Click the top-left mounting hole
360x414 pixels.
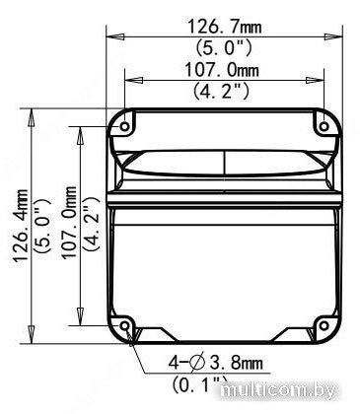tap(125, 126)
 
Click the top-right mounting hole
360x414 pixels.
tap(324, 126)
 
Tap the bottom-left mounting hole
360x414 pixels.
tap(125, 325)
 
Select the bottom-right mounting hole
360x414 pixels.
tap(324, 325)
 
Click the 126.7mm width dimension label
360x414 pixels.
tap(224, 27)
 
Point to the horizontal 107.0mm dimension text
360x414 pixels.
tap(222, 70)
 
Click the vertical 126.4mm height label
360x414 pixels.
tap(21, 225)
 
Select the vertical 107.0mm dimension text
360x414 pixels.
tap(69, 223)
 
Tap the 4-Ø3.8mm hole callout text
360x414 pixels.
tap(216, 363)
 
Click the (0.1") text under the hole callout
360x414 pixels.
tap(200, 383)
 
